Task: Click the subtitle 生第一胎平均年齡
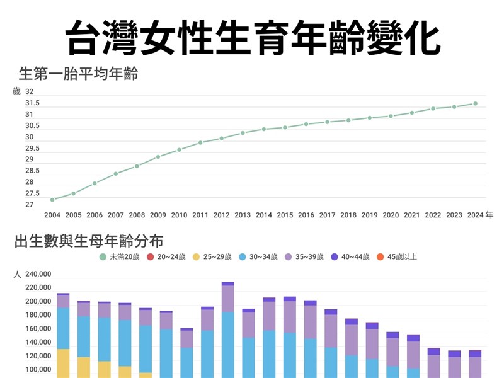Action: (x=79, y=74)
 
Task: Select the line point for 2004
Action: (x=52, y=200)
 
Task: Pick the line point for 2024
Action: (x=476, y=103)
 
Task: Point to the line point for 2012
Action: (x=222, y=138)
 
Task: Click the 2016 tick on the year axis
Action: (x=306, y=215)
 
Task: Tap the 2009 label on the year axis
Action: (x=158, y=215)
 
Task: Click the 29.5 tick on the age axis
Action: (x=32, y=148)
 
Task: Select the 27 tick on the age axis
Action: (x=29, y=205)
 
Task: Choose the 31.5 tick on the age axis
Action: (x=32, y=103)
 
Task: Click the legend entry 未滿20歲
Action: (x=120, y=257)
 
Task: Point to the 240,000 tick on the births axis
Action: (x=38, y=274)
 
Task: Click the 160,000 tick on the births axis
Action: (x=38, y=329)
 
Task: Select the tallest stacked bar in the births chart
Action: (x=228, y=328)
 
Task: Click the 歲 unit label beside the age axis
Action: (x=16, y=91)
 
